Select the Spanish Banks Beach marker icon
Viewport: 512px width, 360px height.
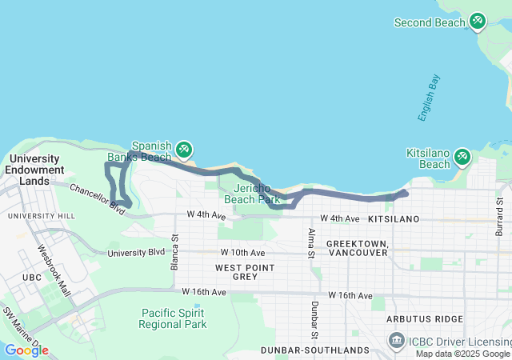coord(184,149)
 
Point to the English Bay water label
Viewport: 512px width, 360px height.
coord(428,98)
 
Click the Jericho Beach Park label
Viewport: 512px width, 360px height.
coord(252,193)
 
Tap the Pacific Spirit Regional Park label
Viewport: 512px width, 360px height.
coord(173,318)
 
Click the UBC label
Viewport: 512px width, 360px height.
coord(32,278)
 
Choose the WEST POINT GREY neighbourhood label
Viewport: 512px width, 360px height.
coord(245,271)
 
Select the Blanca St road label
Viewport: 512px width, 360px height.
coord(174,253)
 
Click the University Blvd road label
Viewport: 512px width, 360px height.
coord(135,253)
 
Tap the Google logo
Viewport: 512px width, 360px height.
coord(26,350)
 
